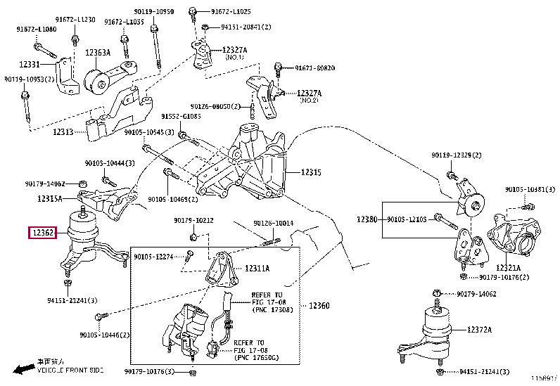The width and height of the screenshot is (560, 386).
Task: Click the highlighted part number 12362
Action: point(42,233)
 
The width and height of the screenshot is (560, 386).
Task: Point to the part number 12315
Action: point(311,172)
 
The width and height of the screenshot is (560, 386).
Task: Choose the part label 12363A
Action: point(98,52)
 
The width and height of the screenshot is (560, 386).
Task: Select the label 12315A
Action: point(50,199)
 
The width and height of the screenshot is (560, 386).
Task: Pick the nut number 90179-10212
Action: point(193,221)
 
